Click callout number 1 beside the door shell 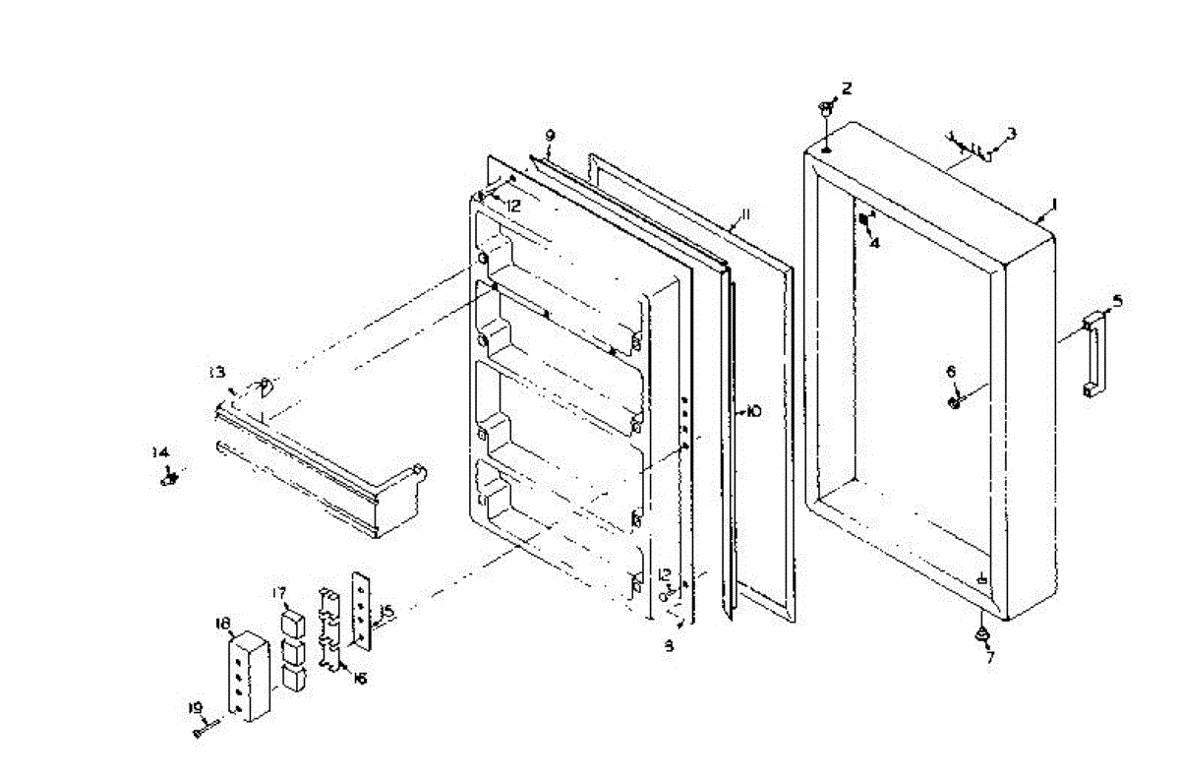1053,204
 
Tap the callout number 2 846,88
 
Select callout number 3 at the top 1011,133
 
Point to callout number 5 1117,299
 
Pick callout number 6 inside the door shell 951,371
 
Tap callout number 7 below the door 990,658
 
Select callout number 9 551,134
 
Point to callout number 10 754,411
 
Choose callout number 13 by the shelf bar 216,372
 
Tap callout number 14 159,451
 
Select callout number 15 387,612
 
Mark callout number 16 360,678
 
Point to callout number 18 221,622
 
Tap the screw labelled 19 204,728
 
